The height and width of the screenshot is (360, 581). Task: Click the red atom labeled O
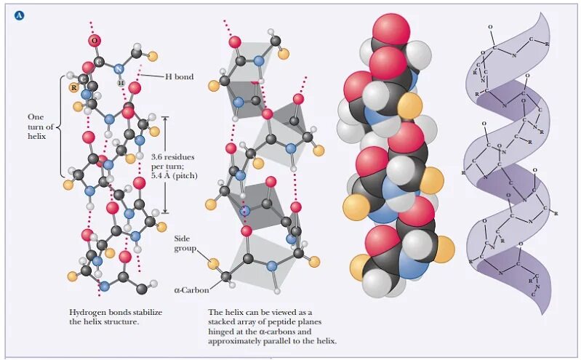click(x=95, y=40)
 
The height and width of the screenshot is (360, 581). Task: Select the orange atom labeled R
click(x=73, y=88)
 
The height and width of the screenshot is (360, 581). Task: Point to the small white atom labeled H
click(x=121, y=81)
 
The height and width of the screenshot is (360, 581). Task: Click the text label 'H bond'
click(x=179, y=76)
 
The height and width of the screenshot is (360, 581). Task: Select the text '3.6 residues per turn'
click(x=172, y=161)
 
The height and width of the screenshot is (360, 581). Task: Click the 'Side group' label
click(x=185, y=243)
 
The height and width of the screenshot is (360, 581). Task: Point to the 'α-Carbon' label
click(x=191, y=290)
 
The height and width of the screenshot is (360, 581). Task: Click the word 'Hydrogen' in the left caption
click(x=87, y=311)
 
